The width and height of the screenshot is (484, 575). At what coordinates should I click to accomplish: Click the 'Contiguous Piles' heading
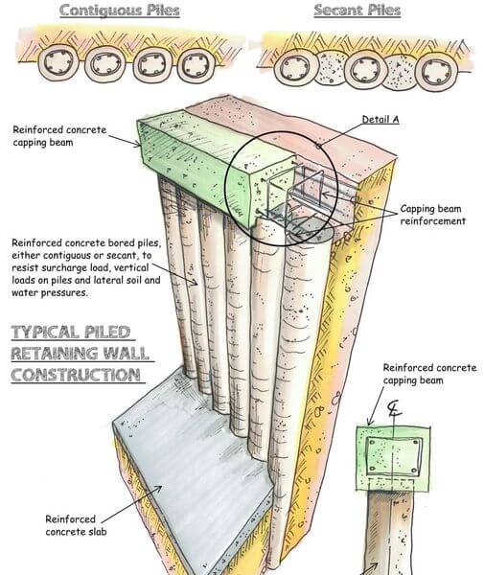click(x=120, y=11)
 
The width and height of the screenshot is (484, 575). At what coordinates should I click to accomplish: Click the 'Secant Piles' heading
click(x=357, y=10)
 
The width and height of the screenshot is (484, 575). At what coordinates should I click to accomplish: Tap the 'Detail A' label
click(x=380, y=120)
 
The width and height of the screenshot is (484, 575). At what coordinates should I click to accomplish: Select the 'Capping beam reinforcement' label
click(x=432, y=215)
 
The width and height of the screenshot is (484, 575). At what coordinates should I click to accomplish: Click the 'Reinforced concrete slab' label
click(x=76, y=525)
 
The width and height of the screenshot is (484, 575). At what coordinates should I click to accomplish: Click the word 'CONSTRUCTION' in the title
click(x=76, y=375)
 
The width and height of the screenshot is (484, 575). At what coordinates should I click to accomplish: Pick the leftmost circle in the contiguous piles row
click(x=58, y=63)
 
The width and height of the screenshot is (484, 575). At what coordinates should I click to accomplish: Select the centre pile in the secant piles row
click(x=365, y=70)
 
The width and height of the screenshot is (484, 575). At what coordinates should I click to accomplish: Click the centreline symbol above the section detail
click(x=394, y=409)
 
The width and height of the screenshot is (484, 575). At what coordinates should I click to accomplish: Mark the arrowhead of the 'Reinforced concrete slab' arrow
click(x=158, y=489)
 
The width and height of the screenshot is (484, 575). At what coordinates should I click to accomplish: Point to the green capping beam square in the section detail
click(x=393, y=458)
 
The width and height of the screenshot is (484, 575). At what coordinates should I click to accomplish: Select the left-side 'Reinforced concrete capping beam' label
click(x=59, y=136)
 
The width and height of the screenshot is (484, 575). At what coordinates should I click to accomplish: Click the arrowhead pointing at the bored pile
click(x=196, y=283)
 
